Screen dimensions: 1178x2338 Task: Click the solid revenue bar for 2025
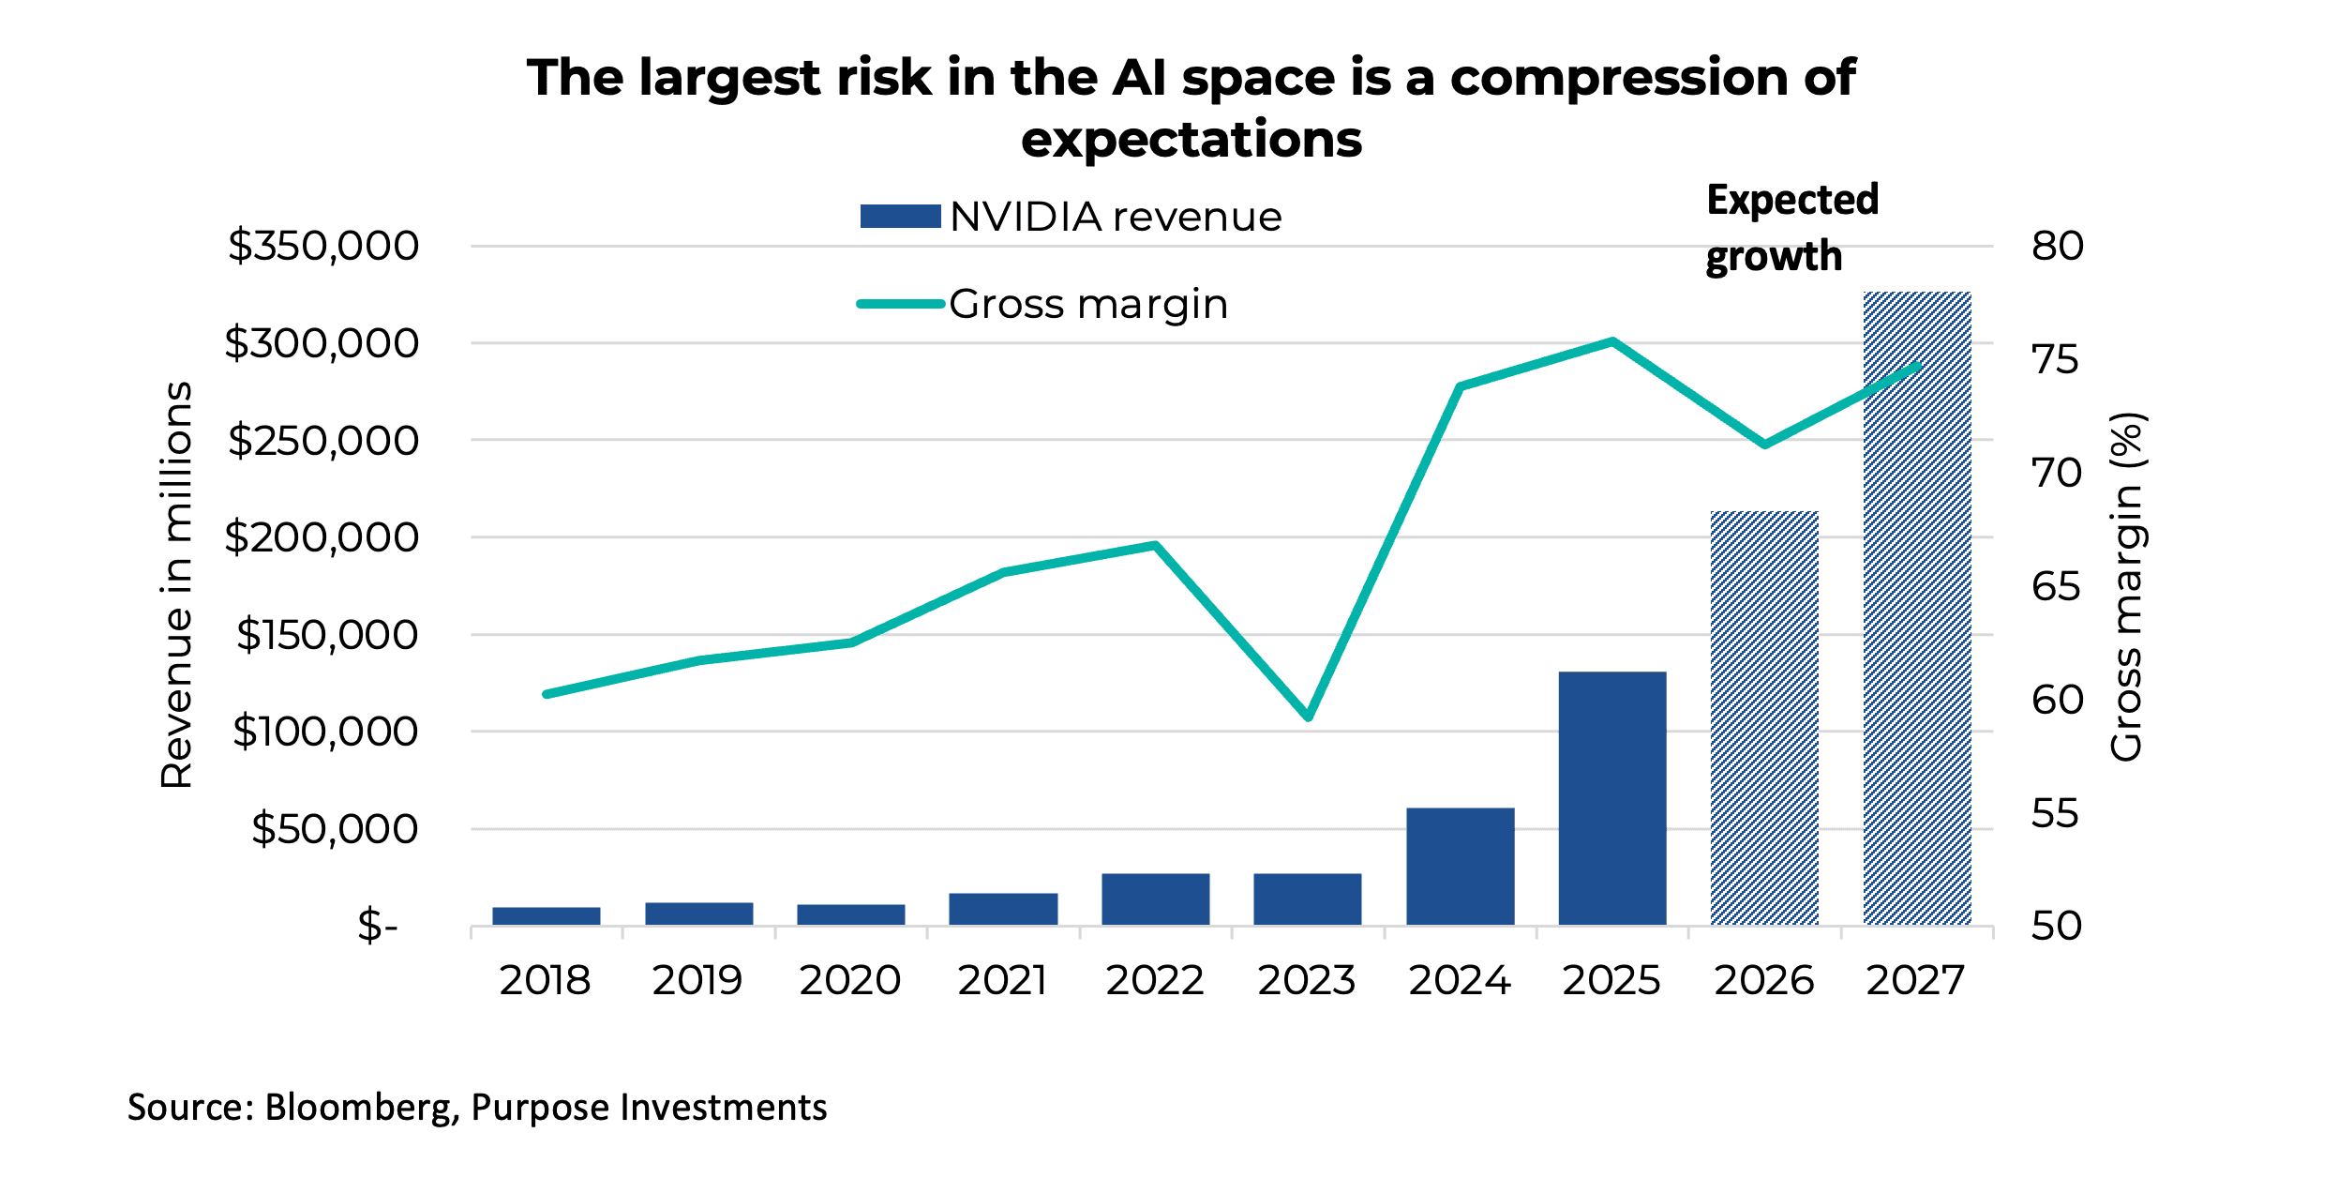coord(1612,798)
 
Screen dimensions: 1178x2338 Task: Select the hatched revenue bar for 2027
coord(1917,609)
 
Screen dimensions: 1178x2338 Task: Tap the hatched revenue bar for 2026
coord(1764,718)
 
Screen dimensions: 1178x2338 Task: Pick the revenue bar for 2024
coord(1460,867)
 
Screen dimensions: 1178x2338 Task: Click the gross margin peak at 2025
coord(1612,341)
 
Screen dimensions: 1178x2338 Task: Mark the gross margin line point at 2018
coord(547,694)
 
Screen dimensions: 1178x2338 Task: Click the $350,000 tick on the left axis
coord(323,247)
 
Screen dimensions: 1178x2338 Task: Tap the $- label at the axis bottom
coord(377,926)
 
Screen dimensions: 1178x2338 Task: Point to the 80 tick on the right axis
coord(2058,247)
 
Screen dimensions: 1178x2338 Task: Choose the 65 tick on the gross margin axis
coord(2056,587)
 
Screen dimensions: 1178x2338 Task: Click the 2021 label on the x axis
coord(1002,981)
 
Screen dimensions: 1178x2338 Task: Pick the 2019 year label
coord(697,981)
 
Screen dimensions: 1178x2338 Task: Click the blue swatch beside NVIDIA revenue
coord(900,217)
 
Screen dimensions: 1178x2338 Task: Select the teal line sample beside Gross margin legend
coord(900,304)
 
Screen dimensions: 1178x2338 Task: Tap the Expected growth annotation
coord(1791,228)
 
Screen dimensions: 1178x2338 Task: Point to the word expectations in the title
coord(1191,140)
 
